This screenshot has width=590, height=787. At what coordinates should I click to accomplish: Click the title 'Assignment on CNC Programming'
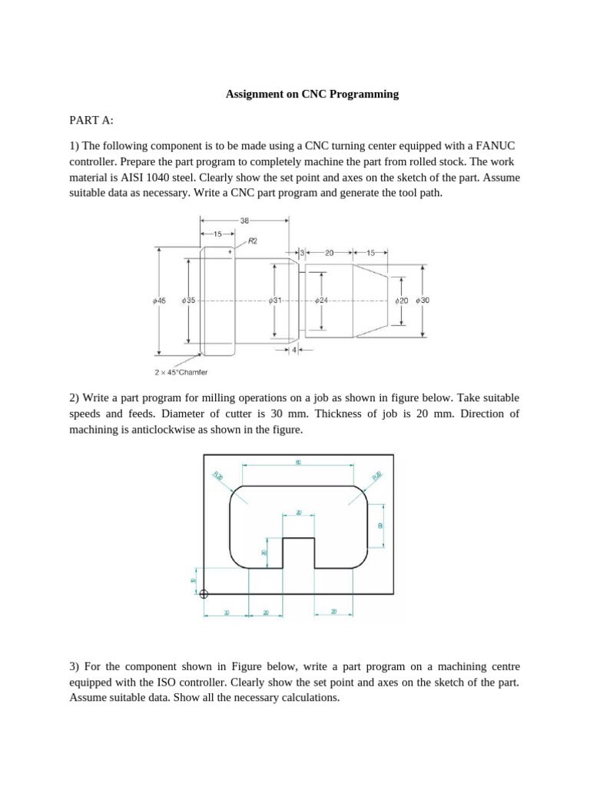(312, 95)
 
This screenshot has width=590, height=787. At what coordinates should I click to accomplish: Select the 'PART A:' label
(91, 120)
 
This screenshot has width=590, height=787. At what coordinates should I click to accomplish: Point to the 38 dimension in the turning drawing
(244, 220)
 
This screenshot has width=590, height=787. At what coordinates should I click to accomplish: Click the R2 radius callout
(252, 241)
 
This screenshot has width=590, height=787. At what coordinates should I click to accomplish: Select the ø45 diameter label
(159, 301)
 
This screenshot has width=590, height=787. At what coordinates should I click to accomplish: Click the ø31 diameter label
(276, 301)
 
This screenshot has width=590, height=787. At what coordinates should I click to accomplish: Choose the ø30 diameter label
(423, 301)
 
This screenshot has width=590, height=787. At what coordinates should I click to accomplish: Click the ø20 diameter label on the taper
(401, 301)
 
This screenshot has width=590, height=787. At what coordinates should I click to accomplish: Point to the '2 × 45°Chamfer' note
(181, 373)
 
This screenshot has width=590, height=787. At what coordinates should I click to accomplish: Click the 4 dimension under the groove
(295, 350)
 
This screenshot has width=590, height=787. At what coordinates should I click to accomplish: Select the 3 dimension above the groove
(303, 252)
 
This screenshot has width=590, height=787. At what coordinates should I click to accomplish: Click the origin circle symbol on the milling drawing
(204, 593)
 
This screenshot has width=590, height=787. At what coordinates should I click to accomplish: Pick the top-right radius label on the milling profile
(376, 477)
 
